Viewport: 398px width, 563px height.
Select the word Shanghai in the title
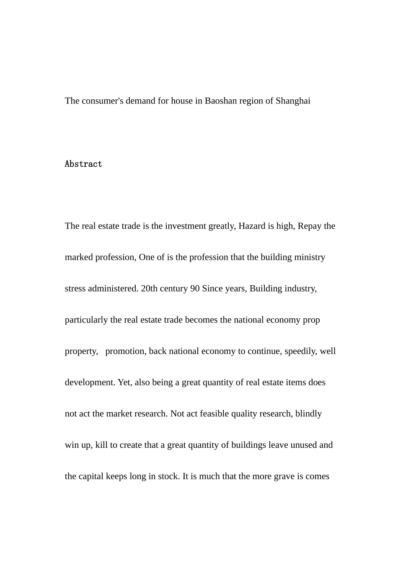[293, 101]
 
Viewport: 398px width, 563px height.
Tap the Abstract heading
[83, 164]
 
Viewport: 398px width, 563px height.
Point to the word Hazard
[252, 226]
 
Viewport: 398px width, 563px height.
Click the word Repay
[310, 226]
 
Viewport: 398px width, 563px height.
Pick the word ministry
[310, 257]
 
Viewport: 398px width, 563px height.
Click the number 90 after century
[195, 289]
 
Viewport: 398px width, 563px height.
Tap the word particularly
[86, 320]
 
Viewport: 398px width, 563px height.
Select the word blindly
[308, 414]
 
